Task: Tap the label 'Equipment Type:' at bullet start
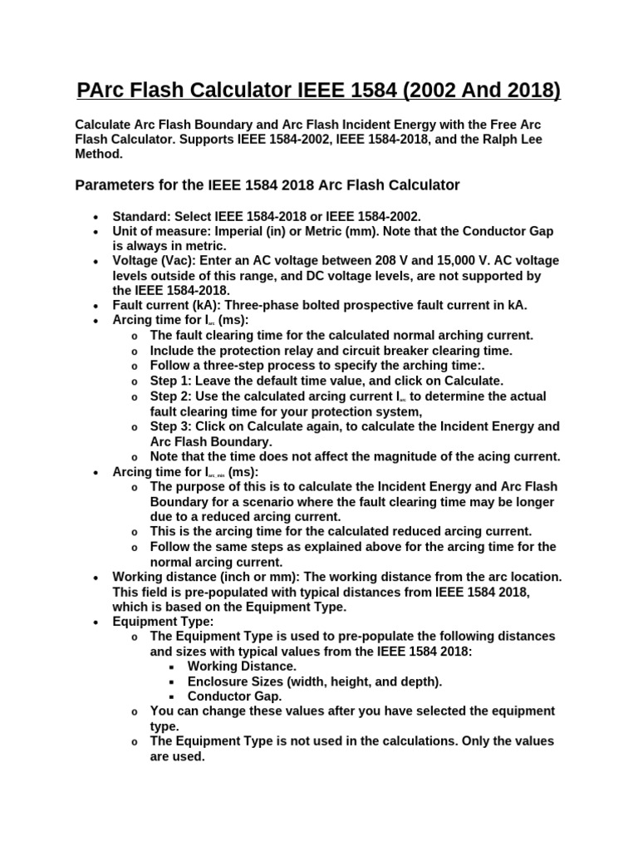click(163, 621)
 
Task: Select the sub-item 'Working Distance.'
click(242, 666)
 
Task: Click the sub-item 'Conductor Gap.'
click(234, 696)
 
